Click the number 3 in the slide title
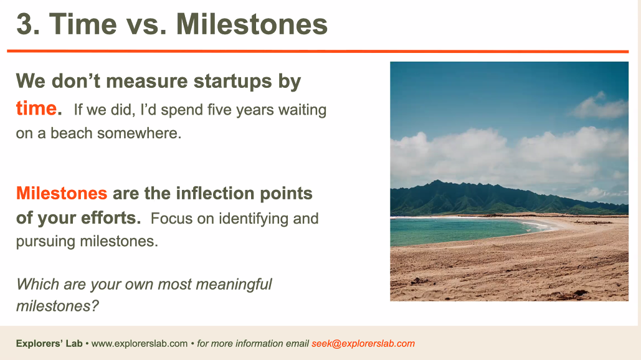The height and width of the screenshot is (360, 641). pos(24,24)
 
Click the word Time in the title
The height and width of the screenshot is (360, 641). pos(83,24)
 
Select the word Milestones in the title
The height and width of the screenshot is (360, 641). pos(252,24)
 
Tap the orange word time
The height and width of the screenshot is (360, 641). pos(36,109)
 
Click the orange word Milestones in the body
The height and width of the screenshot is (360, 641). pos(62,193)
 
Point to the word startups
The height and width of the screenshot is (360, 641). pos(232,82)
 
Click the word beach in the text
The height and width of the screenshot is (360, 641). pos(71,133)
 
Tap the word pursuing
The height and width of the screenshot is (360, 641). pos(45,242)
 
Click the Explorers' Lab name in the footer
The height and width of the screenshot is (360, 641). pos(49,344)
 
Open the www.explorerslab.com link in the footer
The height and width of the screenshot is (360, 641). pos(140,344)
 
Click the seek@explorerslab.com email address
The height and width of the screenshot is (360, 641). pos(363,344)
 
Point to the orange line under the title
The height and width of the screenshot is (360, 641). pos(318,52)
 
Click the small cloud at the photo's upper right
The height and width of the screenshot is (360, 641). pos(599,107)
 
